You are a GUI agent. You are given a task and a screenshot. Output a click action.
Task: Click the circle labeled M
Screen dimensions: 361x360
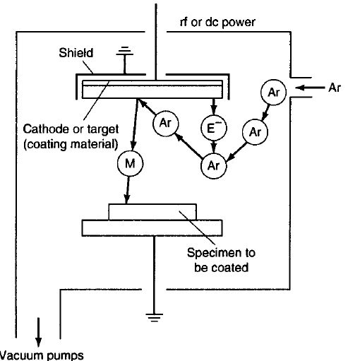(131, 162)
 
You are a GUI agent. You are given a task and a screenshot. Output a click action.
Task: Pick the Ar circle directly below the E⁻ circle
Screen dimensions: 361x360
(212, 165)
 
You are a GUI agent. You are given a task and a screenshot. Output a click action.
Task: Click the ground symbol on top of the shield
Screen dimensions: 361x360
(125, 53)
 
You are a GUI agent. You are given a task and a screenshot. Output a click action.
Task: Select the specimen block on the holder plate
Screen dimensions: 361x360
(152, 212)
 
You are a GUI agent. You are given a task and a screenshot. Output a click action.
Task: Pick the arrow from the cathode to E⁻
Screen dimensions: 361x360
(212, 105)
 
